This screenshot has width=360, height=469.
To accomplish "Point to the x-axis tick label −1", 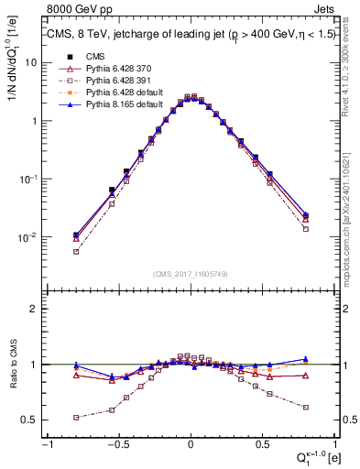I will [47, 445].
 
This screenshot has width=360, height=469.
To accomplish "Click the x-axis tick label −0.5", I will [117, 445].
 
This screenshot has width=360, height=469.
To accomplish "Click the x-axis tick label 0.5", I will [262, 445].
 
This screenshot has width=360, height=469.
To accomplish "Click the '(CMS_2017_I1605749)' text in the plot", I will [190, 274].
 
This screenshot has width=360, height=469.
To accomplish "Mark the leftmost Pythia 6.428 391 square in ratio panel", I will [76, 418].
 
